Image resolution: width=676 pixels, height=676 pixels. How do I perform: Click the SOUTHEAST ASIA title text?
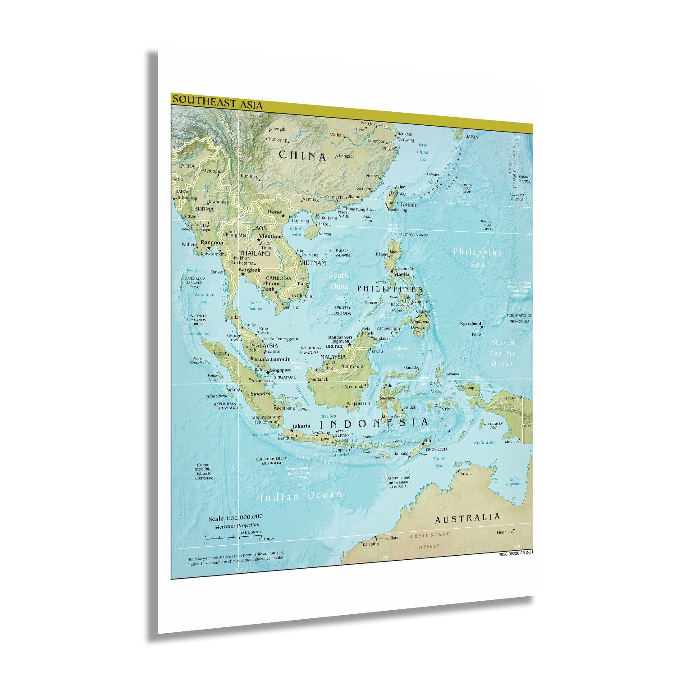pyautogui.click(x=217, y=102)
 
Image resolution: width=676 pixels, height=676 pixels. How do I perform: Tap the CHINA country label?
pyautogui.click(x=302, y=156)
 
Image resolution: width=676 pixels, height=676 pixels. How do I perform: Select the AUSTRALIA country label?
pyautogui.click(x=467, y=519)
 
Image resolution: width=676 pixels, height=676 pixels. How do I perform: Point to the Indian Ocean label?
pyautogui.click(x=301, y=496)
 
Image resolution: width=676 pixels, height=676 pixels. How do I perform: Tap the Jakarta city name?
pyautogui.click(x=301, y=426)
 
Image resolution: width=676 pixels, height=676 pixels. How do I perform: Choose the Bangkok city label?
pyautogui.click(x=249, y=270)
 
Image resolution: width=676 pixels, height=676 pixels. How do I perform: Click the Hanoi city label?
pyautogui.click(x=275, y=212)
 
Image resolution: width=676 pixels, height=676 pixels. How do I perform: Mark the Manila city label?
pyautogui.click(x=402, y=274)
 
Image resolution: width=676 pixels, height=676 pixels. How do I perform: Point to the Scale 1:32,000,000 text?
pyautogui.click(x=235, y=517)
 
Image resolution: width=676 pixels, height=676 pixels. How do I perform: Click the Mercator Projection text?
pyautogui.click(x=237, y=525)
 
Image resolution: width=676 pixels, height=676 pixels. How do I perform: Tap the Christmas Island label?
pyautogui.click(x=271, y=459)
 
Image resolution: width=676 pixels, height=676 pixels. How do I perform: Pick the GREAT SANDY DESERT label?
pyautogui.click(x=429, y=540)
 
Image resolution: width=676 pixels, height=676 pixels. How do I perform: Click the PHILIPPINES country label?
pyautogui.click(x=389, y=288)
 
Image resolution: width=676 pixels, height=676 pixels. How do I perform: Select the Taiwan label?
pyautogui.click(x=409, y=205)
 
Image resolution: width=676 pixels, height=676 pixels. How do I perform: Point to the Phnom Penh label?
pyautogui.click(x=271, y=286)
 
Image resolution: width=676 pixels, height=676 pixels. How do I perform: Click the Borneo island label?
pyautogui.click(x=352, y=366)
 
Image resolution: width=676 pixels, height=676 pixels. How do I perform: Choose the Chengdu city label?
pyautogui.click(x=278, y=129)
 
